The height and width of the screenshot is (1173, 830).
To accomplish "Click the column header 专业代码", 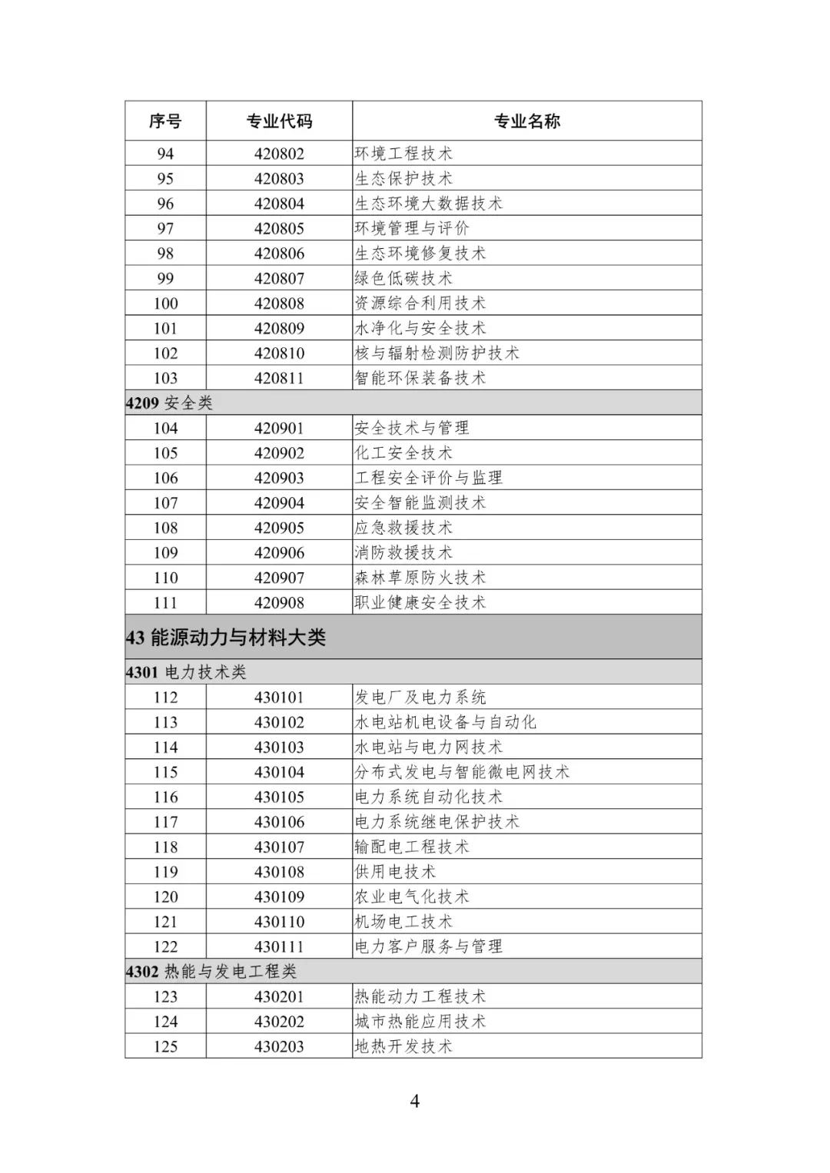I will point(279,121).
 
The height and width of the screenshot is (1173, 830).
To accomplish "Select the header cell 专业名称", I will point(526,121).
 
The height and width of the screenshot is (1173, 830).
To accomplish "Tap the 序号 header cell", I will point(165,121).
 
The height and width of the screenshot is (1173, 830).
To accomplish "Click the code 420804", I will point(279,204).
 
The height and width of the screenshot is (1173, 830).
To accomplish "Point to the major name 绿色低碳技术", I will point(403,278).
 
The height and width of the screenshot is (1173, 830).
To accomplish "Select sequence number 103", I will point(165,378).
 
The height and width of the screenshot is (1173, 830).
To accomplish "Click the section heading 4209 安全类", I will point(169,403).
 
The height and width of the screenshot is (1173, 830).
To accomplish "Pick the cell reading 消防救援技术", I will point(403,552).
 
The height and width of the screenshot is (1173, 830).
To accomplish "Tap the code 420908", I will point(279,603).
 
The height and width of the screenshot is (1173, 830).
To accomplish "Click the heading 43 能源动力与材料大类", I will point(226,638).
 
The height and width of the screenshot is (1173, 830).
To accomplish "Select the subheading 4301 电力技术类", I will point(186,672).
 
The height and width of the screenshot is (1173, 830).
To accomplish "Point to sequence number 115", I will point(165,772).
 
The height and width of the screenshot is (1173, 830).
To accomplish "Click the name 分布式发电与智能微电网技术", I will point(462,772).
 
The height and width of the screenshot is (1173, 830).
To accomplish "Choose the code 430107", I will point(279,847).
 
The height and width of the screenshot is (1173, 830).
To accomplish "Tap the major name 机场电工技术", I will point(403,922).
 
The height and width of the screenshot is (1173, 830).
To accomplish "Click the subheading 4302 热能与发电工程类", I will point(211,972).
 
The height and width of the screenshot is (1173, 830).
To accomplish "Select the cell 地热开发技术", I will point(403,1046).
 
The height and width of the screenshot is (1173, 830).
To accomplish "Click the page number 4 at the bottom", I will point(415,1102).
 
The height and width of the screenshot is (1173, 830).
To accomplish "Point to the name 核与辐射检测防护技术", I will point(437,353).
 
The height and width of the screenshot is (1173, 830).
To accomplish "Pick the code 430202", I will point(279,1022).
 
